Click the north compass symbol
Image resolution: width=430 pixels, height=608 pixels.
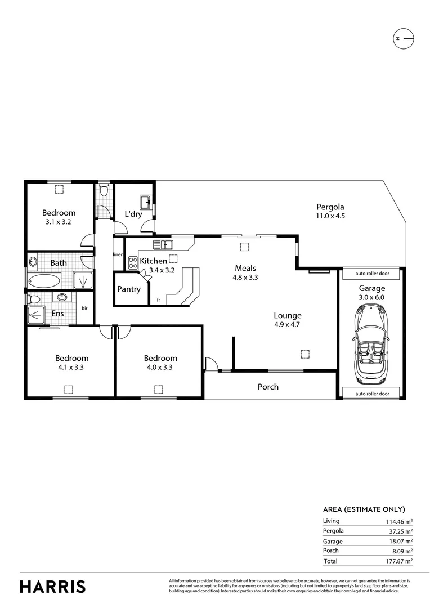pos(402,38)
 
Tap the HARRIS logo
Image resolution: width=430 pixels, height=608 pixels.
pos(53,586)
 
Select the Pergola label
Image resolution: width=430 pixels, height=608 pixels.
pos(330,206)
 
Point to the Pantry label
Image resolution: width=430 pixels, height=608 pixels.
pos(129,289)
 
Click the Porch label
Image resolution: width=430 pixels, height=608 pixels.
pos(268,387)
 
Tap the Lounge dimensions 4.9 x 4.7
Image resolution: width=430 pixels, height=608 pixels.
pos(288,325)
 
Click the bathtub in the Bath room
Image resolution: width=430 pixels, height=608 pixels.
pos(43,280)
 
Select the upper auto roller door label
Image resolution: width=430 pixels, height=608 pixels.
pos(371,274)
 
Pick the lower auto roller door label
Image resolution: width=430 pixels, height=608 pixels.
pos(371,394)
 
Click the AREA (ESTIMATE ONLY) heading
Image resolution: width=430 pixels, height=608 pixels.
pos(364,509)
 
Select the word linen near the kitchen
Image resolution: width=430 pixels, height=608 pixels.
pos(118,254)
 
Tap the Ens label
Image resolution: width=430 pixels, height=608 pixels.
pos(57,314)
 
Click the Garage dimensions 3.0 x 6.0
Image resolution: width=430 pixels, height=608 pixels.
pos(372,297)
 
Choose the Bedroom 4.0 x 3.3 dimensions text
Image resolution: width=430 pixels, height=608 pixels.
pos(160,367)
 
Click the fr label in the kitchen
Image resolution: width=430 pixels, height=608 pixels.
pos(159,299)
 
